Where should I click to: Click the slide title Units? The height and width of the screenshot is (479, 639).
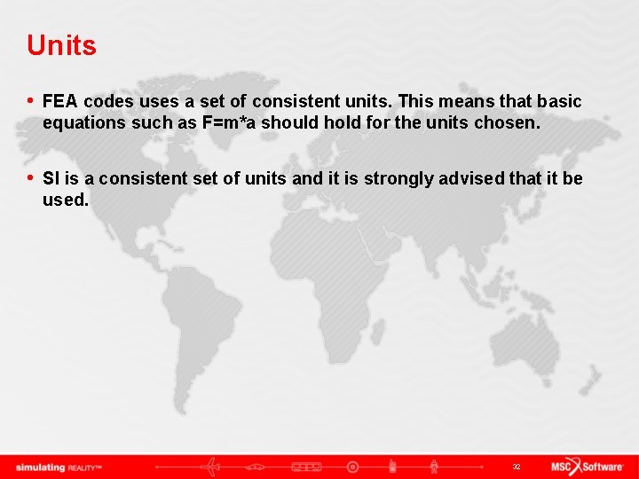click(61, 45)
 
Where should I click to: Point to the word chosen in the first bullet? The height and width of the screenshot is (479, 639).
click(507, 122)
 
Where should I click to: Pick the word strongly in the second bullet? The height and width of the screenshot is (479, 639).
click(380, 178)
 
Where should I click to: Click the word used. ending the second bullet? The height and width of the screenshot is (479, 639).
click(66, 200)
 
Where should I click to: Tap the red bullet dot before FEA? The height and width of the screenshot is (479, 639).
click(31, 101)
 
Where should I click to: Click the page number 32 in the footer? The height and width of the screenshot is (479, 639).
click(516, 467)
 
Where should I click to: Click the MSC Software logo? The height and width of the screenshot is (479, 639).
click(587, 467)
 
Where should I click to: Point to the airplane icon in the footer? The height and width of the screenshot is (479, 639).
click(211, 467)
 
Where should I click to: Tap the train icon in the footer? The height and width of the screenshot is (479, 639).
click(305, 467)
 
